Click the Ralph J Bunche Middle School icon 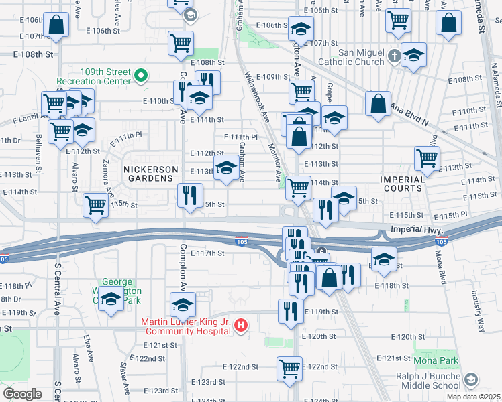(x=472, y=380)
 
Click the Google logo (x=21, y=393)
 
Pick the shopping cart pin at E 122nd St (x=289, y=368)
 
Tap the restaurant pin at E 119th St (x=291, y=310)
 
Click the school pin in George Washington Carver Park (x=111, y=298)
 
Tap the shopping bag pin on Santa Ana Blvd (x=379, y=104)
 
